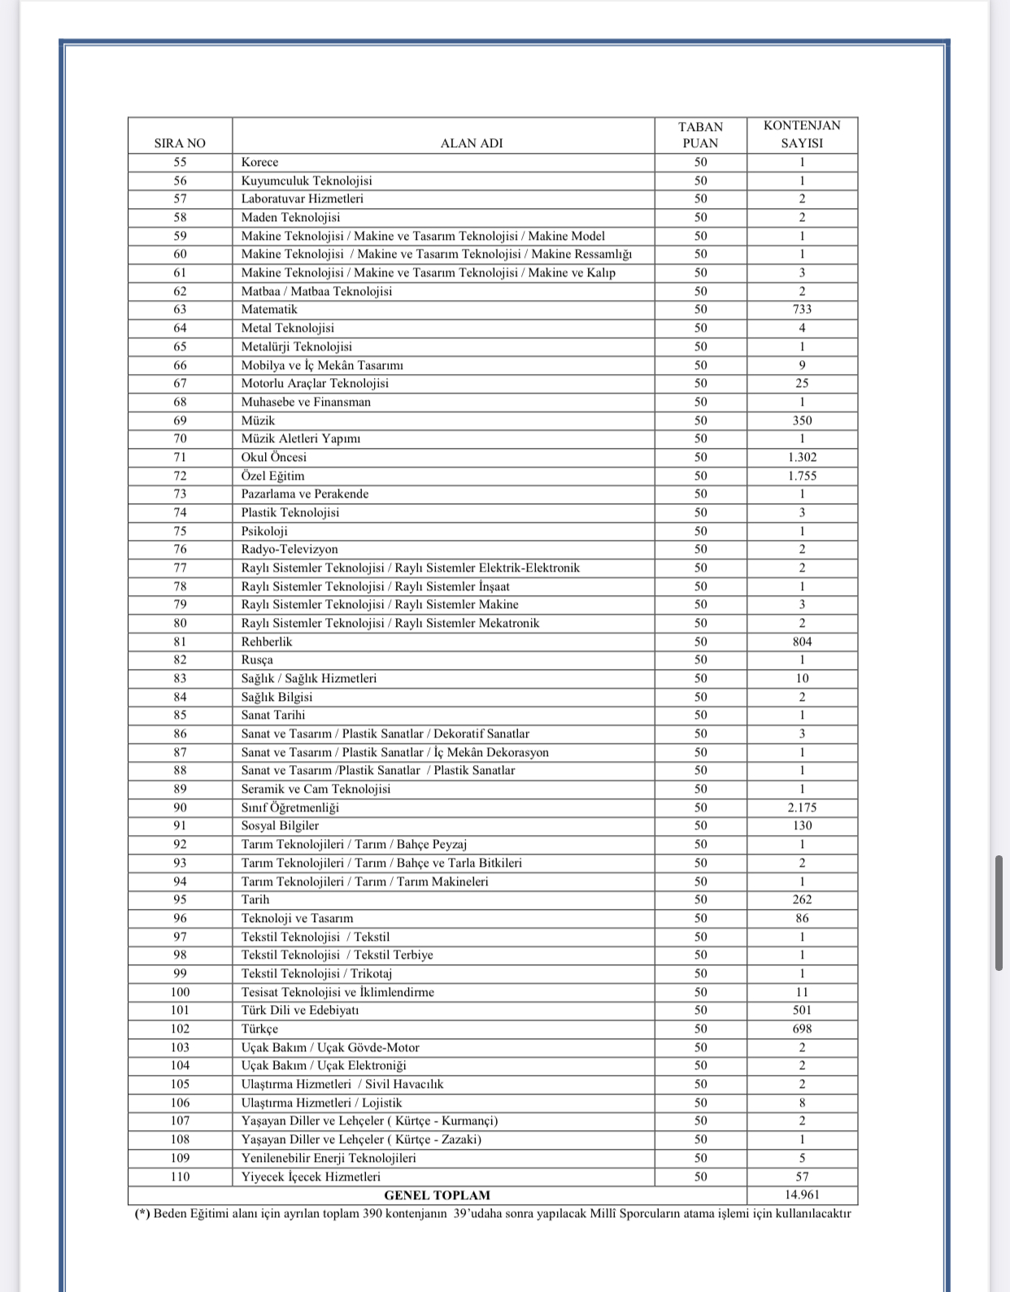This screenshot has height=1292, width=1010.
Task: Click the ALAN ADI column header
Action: tap(472, 143)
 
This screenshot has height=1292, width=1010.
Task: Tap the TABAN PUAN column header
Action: tap(700, 135)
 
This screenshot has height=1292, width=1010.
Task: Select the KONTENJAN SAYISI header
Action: tap(802, 134)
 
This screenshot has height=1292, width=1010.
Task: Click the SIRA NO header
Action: tap(180, 143)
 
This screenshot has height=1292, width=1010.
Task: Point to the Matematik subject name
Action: tap(269, 309)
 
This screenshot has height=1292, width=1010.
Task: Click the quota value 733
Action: tap(802, 309)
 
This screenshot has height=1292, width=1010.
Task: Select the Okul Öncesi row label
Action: tap(274, 457)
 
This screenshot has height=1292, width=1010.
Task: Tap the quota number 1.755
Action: tap(802, 476)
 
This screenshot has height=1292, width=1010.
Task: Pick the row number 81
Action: tap(180, 642)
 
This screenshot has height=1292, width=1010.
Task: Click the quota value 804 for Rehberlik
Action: tap(802, 642)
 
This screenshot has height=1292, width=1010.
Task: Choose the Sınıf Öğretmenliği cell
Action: tap(290, 807)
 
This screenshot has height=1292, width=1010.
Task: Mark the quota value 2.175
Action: tap(802, 807)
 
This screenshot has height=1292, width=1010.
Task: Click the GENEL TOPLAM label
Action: tap(437, 1195)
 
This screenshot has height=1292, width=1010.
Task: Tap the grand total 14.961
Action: tap(802, 1194)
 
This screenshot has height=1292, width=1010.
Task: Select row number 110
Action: tap(180, 1177)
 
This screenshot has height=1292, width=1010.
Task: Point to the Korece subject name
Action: tap(259, 162)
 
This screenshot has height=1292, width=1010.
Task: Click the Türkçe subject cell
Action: tap(259, 1029)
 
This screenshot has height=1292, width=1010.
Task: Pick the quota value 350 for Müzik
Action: tap(802, 420)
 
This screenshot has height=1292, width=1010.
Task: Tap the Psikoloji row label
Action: tap(264, 531)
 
